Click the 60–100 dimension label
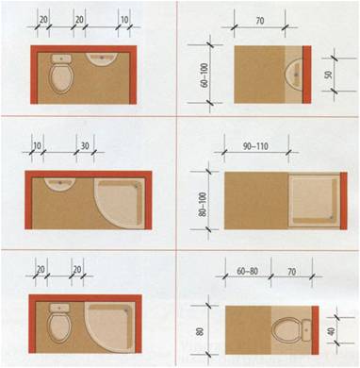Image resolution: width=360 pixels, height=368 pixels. pyautogui.click(x=205, y=75)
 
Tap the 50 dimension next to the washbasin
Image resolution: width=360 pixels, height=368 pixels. pyautogui.click(x=328, y=75)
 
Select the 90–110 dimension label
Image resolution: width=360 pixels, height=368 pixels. pyautogui.click(x=255, y=146)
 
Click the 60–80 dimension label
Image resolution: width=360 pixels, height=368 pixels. pyautogui.click(x=247, y=271)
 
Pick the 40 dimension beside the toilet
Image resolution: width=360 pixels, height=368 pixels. pyautogui.click(x=332, y=331)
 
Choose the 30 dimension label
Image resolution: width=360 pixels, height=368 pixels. pyautogui.click(x=85, y=146)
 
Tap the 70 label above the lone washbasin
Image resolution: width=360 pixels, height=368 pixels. pyautogui.click(x=260, y=21)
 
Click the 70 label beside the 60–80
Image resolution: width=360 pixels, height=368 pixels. pyautogui.click(x=292, y=271)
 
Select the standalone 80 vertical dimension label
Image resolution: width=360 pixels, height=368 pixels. pyautogui.click(x=200, y=331)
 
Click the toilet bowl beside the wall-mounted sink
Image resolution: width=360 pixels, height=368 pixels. pyautogui.click(x=61, y=79)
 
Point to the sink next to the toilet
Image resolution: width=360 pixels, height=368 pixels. pyautogui.click(x=102, y=59)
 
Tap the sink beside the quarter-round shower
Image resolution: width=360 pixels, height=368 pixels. pyautogui.click(x=59, y=184)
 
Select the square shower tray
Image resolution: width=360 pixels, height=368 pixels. pyautogui.click(x=314, y=201)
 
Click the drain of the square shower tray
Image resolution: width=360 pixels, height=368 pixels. pyautogui.click(x=332, y=217)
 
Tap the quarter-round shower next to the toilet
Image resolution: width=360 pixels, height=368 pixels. pyautogui.click(x=110, y=327)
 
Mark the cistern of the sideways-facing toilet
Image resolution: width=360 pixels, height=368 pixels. pyautogui.click(x=307, y=330)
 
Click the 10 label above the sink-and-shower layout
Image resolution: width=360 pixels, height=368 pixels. pyautogui.click(x=37, y=146)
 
